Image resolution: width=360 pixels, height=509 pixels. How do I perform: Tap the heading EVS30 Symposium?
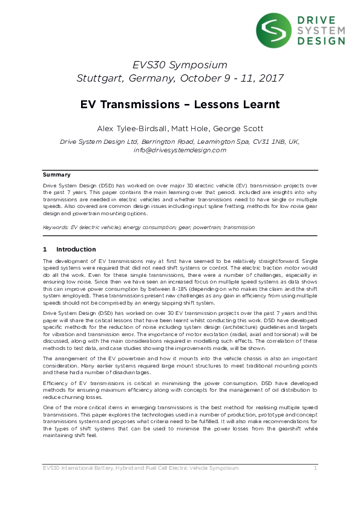tap(180, 65)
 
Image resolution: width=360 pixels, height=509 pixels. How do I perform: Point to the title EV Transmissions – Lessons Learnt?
tap(180, 104)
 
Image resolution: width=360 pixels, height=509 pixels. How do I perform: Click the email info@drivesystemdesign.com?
tap(180, 150)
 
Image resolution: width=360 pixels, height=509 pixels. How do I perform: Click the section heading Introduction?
tap(76, 249)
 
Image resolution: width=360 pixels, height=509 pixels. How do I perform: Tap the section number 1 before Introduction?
tap(45, 249)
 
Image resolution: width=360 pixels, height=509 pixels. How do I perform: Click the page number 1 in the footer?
tap(315, 468)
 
